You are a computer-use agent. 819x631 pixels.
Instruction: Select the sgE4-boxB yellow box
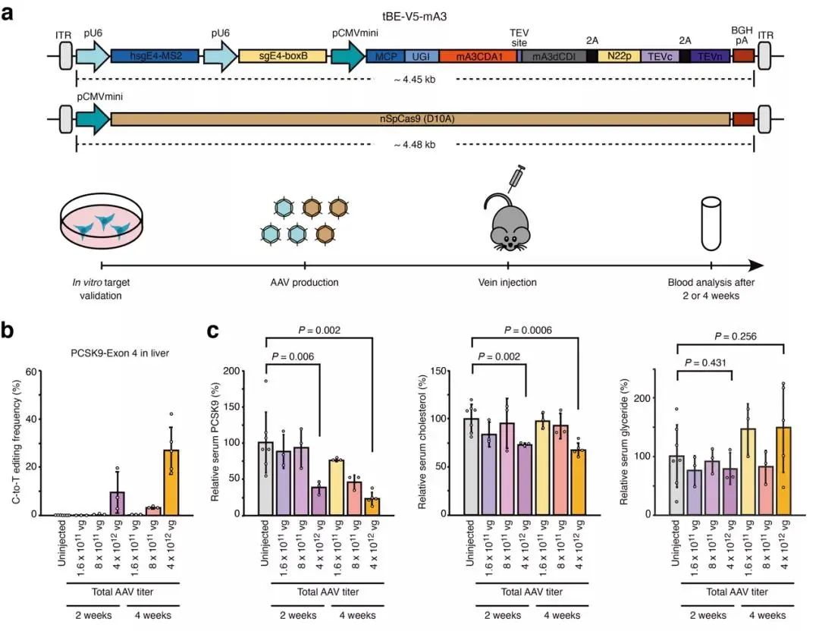(282, 56)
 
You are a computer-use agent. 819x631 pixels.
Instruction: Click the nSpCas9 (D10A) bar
(420, 119)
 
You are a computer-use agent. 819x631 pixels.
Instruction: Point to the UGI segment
(419, 56)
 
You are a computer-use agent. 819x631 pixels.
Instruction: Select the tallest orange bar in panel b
(173, 482)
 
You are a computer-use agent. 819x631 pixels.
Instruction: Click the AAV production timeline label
(305, 283)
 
